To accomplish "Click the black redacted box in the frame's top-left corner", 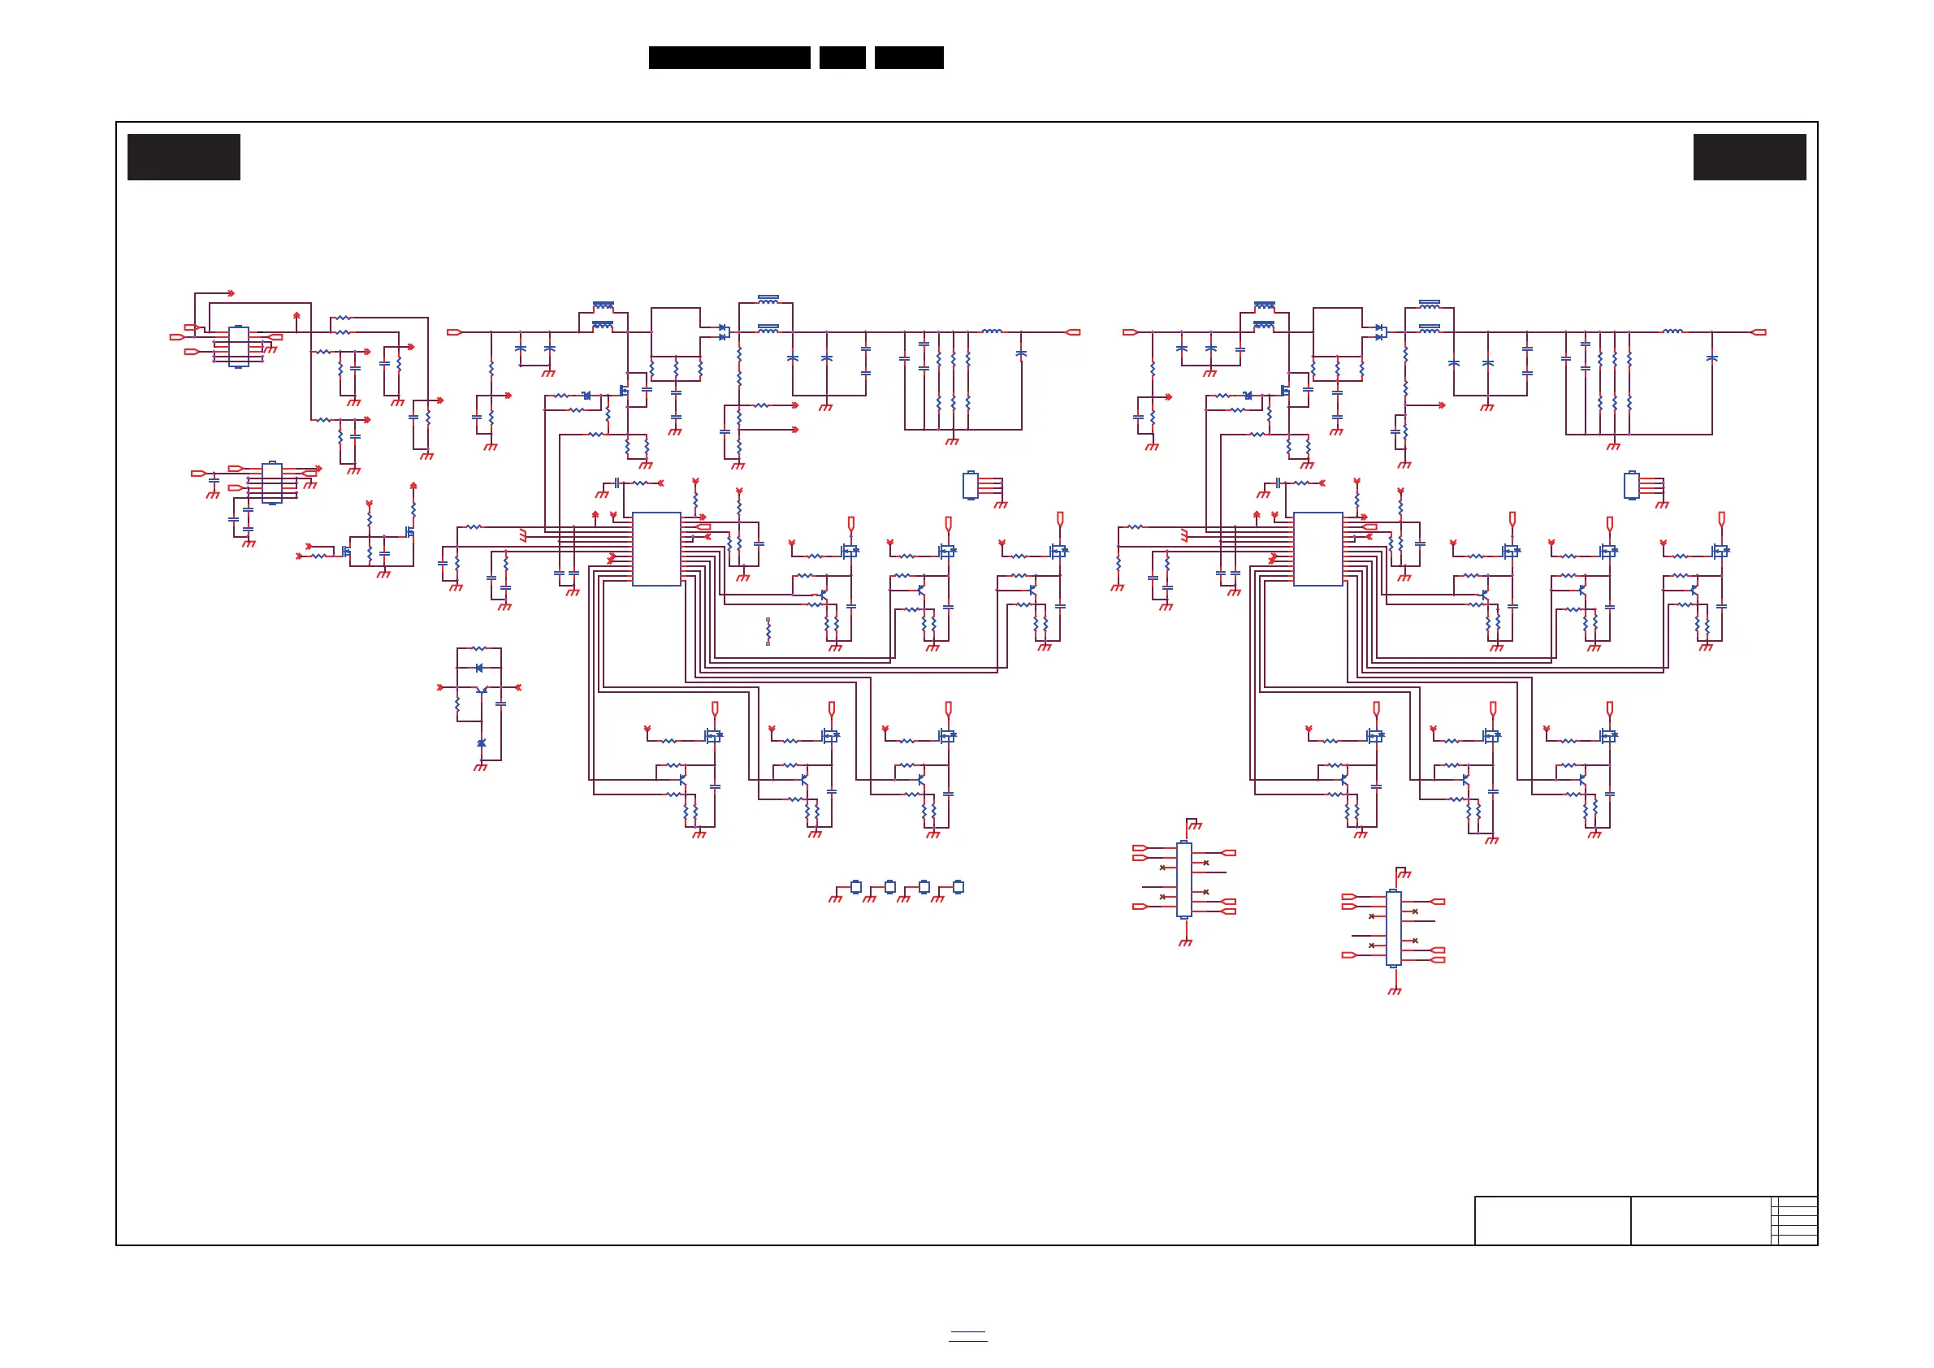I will tap(184, 157).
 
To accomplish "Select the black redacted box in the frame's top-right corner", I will tap(1750, 157).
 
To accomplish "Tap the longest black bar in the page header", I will tap(729, 58).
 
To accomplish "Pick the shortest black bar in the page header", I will tap(842, 58).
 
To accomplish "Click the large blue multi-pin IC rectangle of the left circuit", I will tap(656, 548).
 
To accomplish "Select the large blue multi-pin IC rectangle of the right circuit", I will tap(1317, 548).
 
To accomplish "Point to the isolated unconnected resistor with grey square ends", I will tap(768, 631).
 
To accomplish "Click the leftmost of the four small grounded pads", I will tap(856, 886).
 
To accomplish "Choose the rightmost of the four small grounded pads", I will tap(958, 886).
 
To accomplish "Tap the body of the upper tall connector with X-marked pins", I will tap(1183, 880).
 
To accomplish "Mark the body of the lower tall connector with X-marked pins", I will tap(1393, 929).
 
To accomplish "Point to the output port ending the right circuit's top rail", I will tap(1759, 332).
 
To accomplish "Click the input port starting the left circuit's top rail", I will tap(454, 332).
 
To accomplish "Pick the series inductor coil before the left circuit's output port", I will tap(993, 331).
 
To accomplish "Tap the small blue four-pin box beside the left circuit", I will tap(971, 485).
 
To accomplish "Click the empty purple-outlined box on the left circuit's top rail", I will tap(676, 332).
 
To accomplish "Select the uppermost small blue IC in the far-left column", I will tap(238, 346).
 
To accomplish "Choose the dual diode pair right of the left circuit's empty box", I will tap(723, 332).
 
